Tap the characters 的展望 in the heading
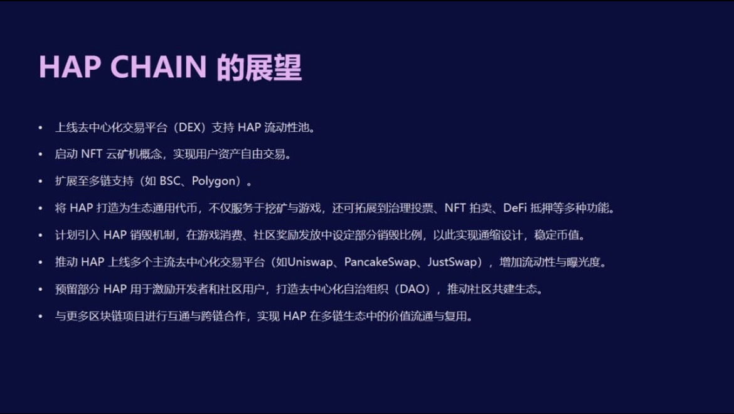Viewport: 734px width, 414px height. point(259,67)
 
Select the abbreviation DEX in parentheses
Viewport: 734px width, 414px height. point(189,128)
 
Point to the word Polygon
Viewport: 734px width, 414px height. point(213,182)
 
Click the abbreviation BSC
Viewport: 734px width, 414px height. point(170,181)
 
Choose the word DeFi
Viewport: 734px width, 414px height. point(515,208)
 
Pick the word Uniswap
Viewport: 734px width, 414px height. point(310,261)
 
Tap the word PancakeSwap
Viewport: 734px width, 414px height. point(380,261)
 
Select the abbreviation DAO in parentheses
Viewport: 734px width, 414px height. point(412,289)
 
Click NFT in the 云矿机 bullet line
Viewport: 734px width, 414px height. point(92,155)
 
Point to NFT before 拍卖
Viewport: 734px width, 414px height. point(455,208)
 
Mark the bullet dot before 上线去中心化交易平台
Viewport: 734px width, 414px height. point(40,128)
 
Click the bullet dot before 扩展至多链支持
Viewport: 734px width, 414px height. point(40,182)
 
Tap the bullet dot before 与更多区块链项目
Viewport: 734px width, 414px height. point(40,317)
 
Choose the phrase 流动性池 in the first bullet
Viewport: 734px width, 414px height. point(287,128)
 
